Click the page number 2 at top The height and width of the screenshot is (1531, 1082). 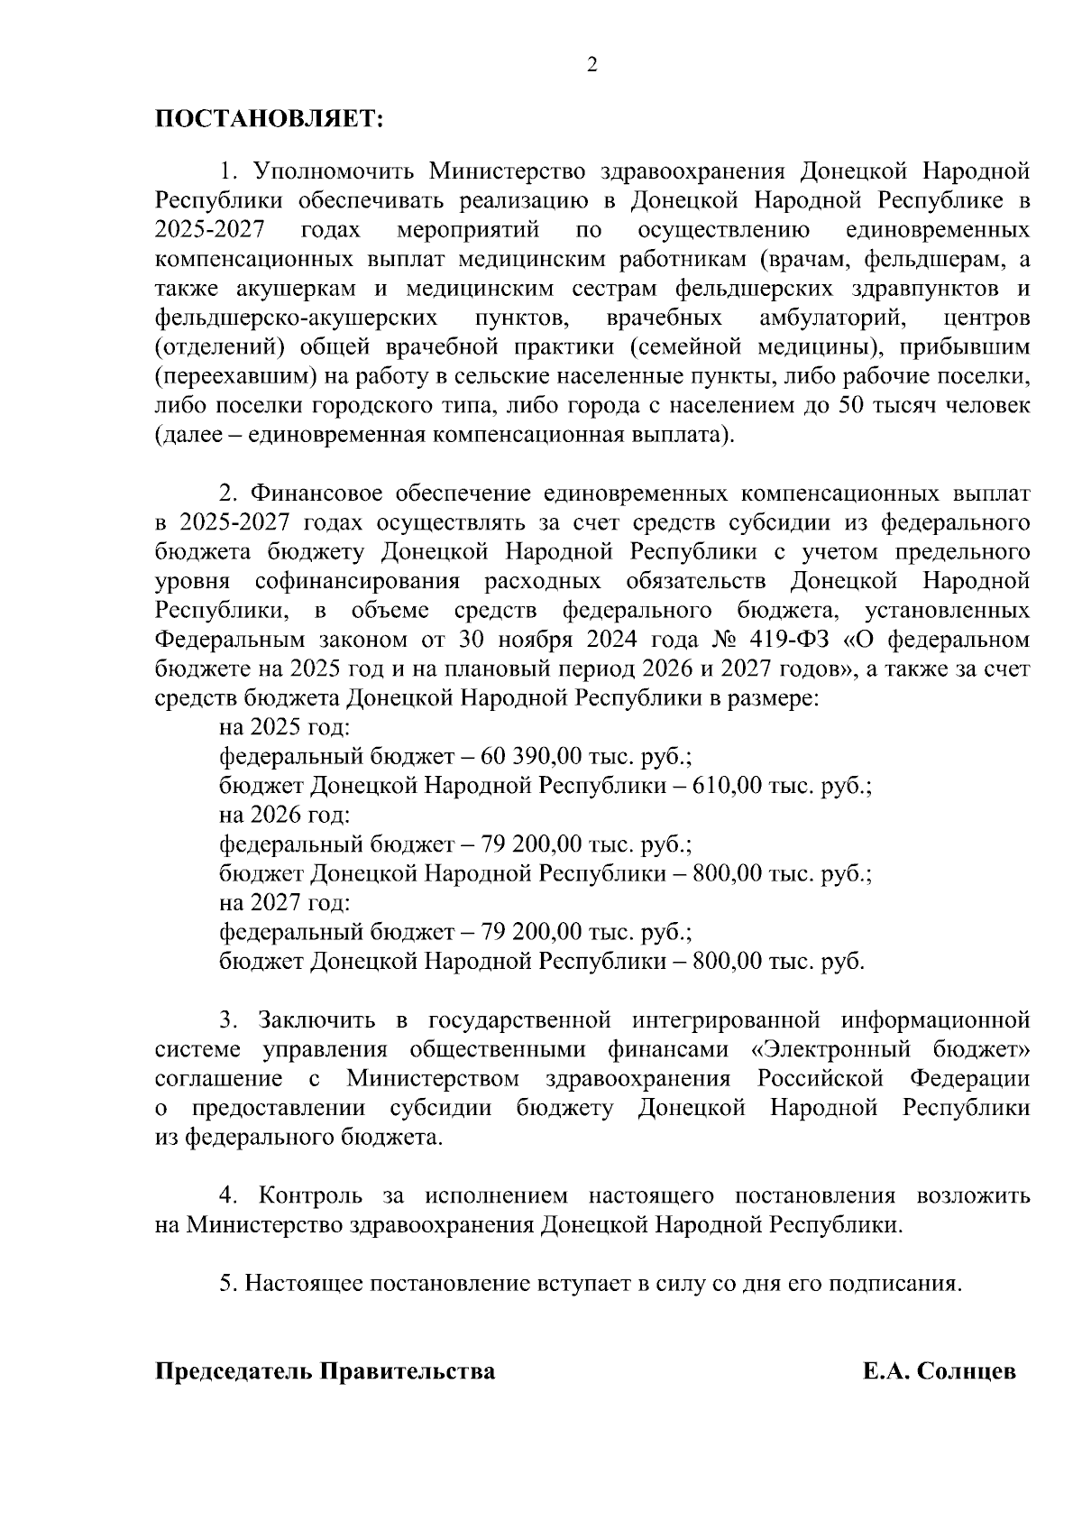pos(591,64)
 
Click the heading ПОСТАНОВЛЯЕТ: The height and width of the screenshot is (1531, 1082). pos(269,120)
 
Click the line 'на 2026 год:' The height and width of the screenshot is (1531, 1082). pos(285,815)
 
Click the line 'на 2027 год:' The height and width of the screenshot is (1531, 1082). pos(285,902)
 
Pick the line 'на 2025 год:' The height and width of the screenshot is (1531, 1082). pos(285,727)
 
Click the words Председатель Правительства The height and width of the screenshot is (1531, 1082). pos(326,1372)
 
